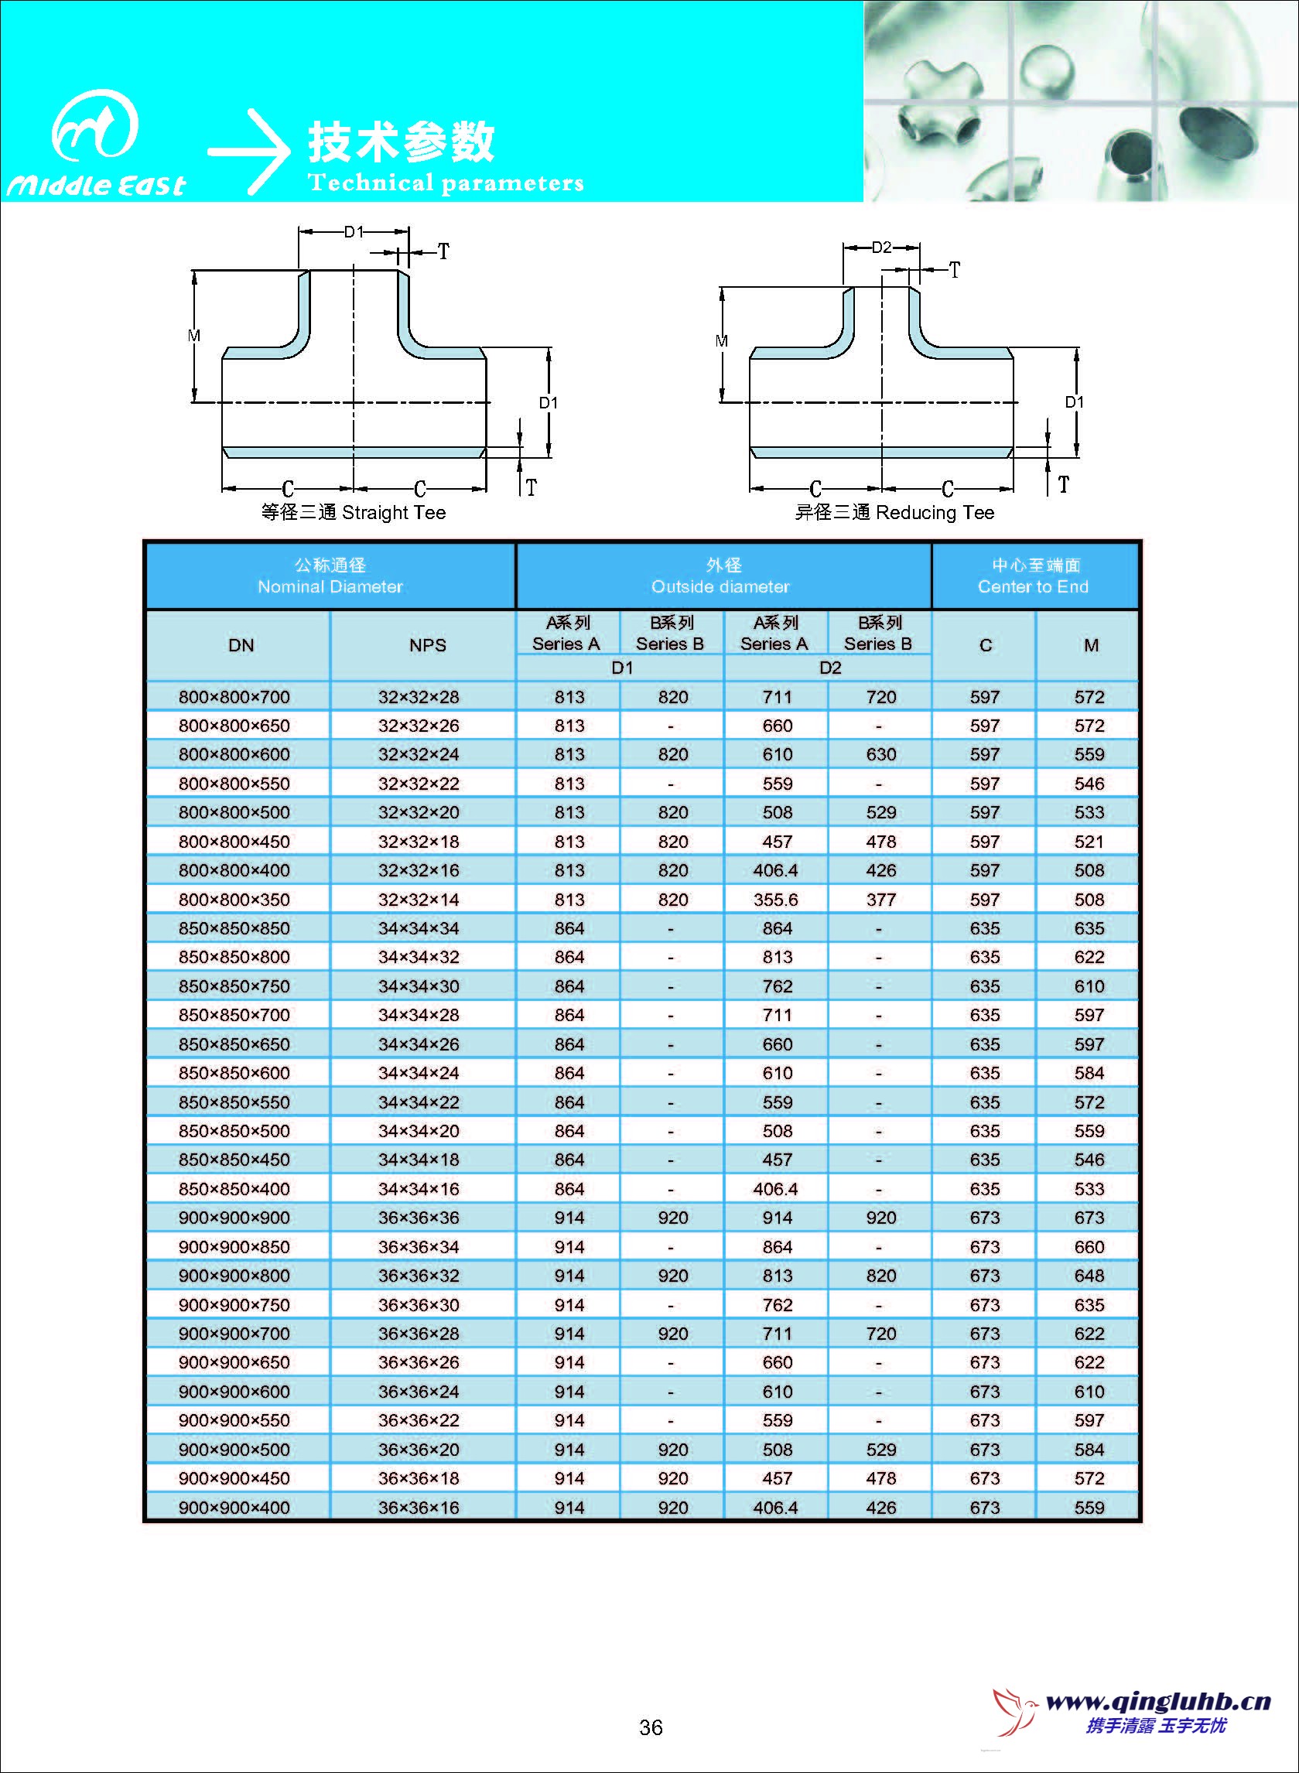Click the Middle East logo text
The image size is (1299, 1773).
click(x=96, y=185)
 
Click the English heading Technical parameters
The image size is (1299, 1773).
click(x=445, y=183)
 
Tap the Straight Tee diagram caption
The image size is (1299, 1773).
click(x=353, y=513)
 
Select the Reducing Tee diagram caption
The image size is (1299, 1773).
click(x=894, y=513)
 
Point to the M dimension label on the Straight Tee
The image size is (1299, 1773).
click(x=194, y=336)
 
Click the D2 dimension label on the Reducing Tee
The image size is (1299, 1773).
click(x=881, y=248)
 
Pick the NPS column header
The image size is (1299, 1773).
click(x=427, y=645)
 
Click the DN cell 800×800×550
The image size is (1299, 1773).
click(x=234, y=784)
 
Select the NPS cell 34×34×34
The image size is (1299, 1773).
click(x=419, y=928)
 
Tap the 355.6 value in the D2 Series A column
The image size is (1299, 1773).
click(x=775, y=900)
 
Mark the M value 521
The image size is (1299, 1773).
click(x=1089, y=842)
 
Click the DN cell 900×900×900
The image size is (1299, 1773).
click(x=234, y=1218)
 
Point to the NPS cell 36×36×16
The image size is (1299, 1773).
click(x=419, y=1507)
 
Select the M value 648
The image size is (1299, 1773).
click(x=1089, y=1276)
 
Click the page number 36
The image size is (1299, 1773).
click(x=651, y=1727)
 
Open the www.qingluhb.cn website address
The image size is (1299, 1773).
click(x=1158, y=1703)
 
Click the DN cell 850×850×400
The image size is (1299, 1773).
click(x=234, y=1189)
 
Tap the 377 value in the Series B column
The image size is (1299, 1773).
click(x=880, y=900)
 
